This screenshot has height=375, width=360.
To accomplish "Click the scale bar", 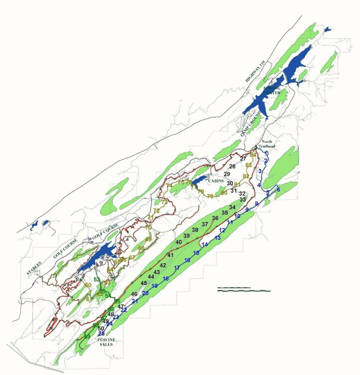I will click(x=244, y=290).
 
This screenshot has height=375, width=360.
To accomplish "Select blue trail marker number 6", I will click(x=278, y=190).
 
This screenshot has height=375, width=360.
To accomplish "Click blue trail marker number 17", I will click(x=177, y=268).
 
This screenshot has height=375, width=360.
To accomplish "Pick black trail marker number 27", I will click(x=243, y=159).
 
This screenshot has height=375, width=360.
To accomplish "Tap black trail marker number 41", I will click(x=170, y=255).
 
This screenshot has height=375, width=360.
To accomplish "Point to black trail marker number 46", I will click(x=134, y=294).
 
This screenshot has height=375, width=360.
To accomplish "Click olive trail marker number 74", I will click(x=169, y=186).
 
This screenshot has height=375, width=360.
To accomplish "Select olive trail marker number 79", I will click(x=210, y=197).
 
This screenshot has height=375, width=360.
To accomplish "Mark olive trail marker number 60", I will click(x=88, y=285).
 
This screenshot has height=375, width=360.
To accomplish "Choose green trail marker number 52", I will click(x=97, y=279).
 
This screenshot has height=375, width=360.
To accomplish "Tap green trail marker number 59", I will click(x=87, y=337).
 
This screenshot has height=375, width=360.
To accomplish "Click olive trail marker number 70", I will click(x=148, y=227).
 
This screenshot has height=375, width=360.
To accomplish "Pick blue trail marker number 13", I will click(x=218, y=238).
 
